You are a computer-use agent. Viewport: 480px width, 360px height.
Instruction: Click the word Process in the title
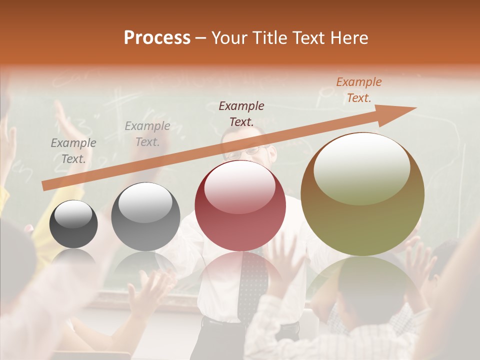[x=157, y=38]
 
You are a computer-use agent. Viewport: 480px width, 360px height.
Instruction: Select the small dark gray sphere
[x=73, y=224]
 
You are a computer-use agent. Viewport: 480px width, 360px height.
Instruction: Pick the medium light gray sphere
[x=145, y=216]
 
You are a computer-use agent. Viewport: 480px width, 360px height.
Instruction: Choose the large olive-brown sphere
[x=362, y=194]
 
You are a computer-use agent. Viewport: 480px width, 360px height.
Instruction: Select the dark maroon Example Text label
[x=241, y=113]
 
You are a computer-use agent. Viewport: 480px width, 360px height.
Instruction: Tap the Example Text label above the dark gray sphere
[x=73, y=151]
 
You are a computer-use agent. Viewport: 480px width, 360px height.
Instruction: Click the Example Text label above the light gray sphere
[x=147, y=134]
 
